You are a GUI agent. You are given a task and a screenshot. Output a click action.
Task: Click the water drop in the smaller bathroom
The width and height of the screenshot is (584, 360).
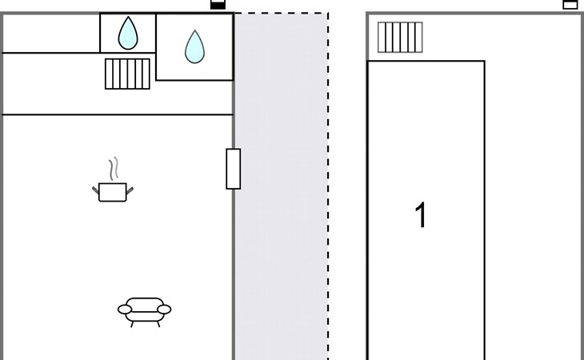(x=128, y=34)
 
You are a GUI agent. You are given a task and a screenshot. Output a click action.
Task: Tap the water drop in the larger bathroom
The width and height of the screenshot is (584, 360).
(x=194, y=47)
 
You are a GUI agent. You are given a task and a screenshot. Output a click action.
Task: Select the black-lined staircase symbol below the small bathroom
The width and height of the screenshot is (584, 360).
(x=127, y=74)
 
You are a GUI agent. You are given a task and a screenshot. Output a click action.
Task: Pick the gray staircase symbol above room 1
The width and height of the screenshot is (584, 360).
(x=400, y=38)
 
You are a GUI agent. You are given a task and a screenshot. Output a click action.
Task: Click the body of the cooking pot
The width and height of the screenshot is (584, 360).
(x=113, y=192)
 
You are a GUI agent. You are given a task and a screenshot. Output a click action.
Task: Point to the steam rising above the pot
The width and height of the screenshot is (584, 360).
(x=114, y=168)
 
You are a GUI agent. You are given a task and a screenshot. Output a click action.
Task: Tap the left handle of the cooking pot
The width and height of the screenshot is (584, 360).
(x=96, y=190)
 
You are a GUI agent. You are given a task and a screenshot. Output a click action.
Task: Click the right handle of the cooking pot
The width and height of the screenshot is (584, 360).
(x=130, y=190)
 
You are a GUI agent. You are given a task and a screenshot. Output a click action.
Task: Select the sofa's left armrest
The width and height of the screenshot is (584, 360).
(x=125, y=310)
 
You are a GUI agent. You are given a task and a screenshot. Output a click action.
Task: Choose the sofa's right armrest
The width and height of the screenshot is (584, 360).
(x=164, y=310)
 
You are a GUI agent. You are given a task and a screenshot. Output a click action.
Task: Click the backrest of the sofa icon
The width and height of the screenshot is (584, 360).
(x=145, y=302)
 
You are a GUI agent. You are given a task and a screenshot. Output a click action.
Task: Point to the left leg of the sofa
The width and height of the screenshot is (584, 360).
(x=132, y=324)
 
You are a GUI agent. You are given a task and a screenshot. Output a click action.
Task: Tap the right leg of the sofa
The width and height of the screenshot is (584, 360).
(x=158, y=324)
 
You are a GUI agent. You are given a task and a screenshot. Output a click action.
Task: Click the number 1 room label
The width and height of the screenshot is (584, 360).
(x=421, y=215)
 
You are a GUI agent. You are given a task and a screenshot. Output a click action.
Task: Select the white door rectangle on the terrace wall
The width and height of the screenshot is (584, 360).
(x=233, y=169)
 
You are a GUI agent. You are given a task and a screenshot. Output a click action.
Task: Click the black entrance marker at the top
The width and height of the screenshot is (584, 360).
(x=218, y=4)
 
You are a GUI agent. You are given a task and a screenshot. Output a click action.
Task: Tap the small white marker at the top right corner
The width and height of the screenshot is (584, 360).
(x=570, y=4)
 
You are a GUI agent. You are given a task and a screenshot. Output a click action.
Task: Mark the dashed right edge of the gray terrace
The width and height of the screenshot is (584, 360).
(x=328, y=186)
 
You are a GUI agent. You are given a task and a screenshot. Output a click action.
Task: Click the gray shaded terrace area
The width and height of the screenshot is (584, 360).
(x=281, y=186)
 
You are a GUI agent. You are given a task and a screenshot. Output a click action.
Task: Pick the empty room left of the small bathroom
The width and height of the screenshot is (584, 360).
(x=51, y=34)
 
